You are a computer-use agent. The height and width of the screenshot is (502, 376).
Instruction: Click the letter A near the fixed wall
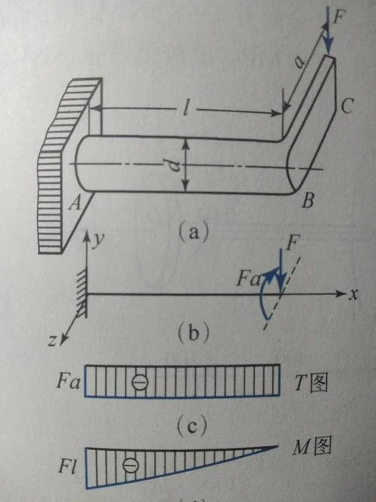(x=76, y=202)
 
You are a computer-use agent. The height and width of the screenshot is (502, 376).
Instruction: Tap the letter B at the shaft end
(x=308, y=200)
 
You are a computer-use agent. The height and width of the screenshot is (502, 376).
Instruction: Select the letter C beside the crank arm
(x=347, y=105)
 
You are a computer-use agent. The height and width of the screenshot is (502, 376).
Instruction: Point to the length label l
(x=186, y=110)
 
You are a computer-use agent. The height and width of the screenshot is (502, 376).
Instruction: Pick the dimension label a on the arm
(x=300, y=62)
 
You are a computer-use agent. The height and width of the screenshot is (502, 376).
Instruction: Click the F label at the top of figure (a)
(x=338, y=17)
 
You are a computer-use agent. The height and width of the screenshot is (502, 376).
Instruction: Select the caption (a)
(x=193, y=231)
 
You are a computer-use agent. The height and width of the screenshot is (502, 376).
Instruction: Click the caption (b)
(x=193, y=333)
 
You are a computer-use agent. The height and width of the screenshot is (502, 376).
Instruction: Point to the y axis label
(x=98, y=240)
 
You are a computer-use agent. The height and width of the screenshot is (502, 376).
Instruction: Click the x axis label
(x=353, y=294)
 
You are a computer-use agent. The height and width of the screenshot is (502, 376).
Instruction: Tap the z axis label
(x=52, y=341)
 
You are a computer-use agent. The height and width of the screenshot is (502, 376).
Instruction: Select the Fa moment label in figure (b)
(x=249, y=279)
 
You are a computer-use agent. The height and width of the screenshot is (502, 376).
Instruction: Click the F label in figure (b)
(x=292, y=244)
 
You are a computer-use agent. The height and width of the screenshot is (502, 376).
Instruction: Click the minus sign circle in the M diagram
(x=131, y=465)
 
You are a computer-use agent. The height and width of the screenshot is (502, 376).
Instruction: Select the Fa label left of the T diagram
(x=68, y=382)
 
